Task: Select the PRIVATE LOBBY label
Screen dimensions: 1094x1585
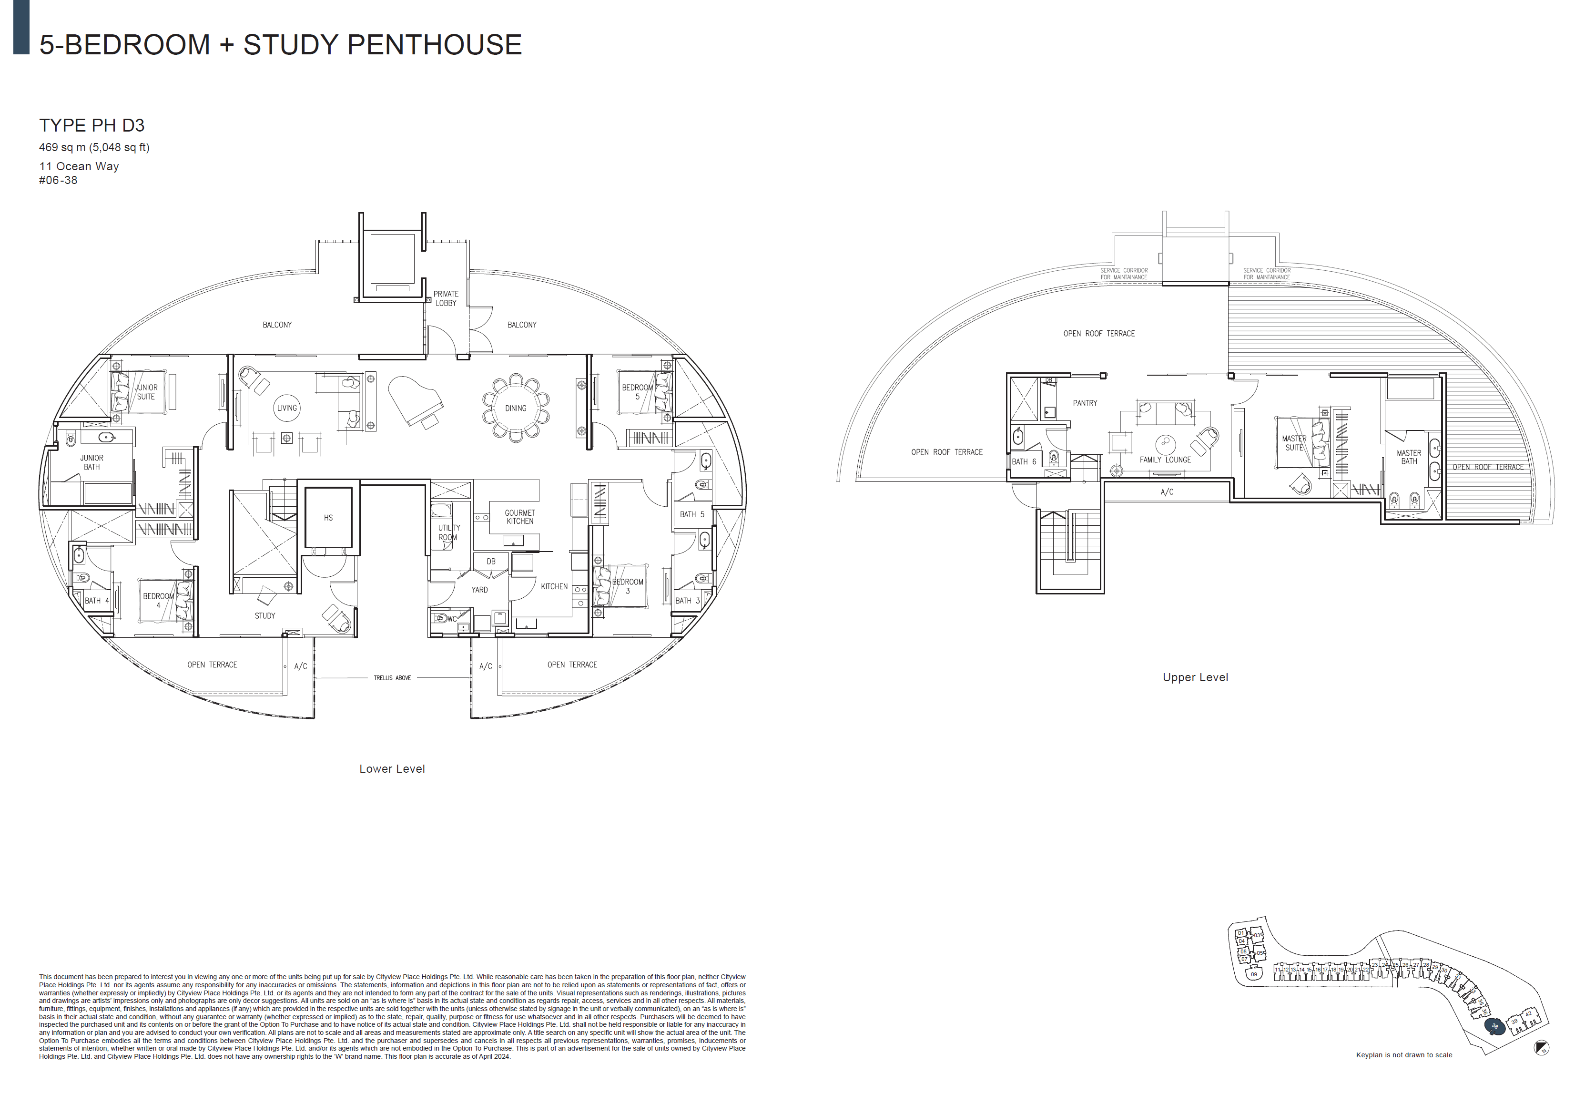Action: click(446, 298)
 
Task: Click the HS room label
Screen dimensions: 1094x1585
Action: click(328, 518)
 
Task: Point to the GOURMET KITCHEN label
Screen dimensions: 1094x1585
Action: click(519, 517)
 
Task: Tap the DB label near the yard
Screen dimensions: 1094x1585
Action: click(491, 562)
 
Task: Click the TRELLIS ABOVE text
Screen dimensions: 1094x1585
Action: click(392, 678)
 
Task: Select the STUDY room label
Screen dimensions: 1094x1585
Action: click(264, 615)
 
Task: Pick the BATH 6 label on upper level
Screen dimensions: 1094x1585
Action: click(1024, 461)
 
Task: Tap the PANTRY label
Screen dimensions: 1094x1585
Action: click(1085, 403)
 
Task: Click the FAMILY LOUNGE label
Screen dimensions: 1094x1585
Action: click(1165, 460)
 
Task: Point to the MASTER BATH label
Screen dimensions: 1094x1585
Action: click(1409, 457)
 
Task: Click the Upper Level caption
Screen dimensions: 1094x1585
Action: click(1195, 677)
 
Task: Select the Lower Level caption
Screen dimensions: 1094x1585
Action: click(392, 769)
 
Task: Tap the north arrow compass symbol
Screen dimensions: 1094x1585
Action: click(1542, 1047)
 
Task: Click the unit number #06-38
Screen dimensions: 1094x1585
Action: click(58, 180)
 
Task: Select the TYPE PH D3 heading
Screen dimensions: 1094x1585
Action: click(92, 125)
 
